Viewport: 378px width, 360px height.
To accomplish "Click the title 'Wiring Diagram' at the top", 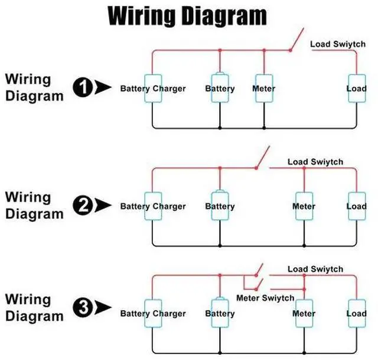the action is click(187, 16).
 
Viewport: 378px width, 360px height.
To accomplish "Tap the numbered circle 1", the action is click(83, 87).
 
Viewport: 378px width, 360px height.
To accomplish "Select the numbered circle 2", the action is click(83, 205).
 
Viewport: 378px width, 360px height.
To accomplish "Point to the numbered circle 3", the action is click(83, 307).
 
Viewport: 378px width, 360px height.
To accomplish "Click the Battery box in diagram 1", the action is click(220, 88).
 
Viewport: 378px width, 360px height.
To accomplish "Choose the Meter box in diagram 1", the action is click(264, 88).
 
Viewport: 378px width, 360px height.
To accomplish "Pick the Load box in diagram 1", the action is click(357, 88).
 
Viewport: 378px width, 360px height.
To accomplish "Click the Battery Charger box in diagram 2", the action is click(153, 206).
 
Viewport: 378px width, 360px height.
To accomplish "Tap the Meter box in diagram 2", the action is click(304, 206).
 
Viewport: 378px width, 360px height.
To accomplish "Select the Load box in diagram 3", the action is click(357, 313).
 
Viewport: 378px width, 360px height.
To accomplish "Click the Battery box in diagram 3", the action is click(220, 313).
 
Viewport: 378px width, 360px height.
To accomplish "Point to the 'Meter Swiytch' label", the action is click(265, 299).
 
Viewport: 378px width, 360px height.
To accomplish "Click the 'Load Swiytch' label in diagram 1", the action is click(338, 44).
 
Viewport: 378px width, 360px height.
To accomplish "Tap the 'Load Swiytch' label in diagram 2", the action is click(315, 162).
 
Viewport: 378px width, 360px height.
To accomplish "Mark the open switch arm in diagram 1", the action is click(297, 39).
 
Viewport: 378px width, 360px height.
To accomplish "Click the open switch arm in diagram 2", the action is click(263, 157).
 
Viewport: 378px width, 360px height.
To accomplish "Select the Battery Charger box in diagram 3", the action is click(153, 313).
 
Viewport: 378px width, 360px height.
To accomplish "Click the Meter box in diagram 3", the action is click(304, 313).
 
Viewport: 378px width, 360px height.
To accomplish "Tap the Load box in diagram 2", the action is click(357, 206).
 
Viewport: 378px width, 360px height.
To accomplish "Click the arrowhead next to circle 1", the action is click(102, 87).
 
